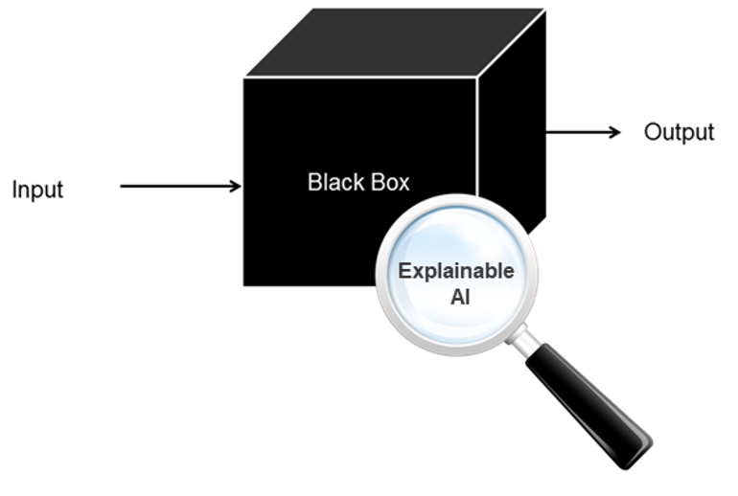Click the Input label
click(37, 190)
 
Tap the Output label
click(679, 132)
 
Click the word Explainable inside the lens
click(456, 271)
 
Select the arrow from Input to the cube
click(181, 186)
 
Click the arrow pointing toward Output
click(584, 131)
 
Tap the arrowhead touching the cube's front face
click(236, 186)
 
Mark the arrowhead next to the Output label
click(615, 131)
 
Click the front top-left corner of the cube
click(244, 79)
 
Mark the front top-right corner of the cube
click(476, 79)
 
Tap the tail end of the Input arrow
click(122, 186)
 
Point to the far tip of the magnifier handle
click(646, 450)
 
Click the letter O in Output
click(653, 132)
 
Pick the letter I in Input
click(14, 190)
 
